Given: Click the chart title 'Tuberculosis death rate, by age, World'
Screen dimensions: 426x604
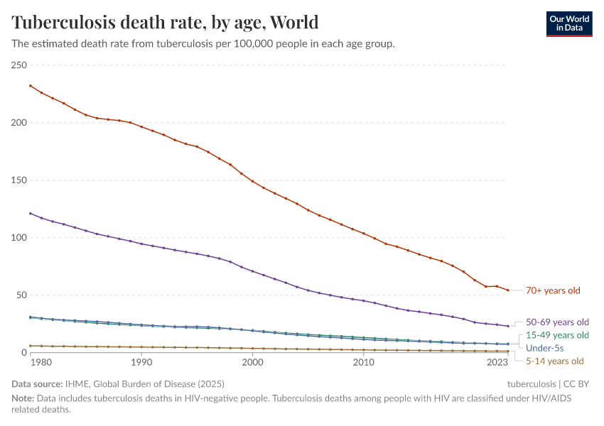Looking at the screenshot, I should pos(165,22).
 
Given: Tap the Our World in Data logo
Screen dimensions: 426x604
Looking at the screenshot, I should pos(568,23).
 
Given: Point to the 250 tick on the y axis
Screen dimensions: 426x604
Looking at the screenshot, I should pos(18,65).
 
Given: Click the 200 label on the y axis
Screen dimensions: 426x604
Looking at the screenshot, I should pos(18,123).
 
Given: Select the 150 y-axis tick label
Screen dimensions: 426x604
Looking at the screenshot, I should pos(18,180).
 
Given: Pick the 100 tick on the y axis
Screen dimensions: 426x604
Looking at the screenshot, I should pos(18,238).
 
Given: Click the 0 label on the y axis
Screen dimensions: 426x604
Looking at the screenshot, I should pos(23,352).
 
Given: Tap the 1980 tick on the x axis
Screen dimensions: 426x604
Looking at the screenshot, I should pos(41,363).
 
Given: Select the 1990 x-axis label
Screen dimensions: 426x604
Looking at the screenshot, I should pos(141,363).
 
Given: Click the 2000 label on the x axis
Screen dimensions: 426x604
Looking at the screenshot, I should pos(252,363).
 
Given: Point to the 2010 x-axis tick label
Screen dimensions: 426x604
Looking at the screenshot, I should pos(364,363).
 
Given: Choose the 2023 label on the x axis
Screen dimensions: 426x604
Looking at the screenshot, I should pos(497,363).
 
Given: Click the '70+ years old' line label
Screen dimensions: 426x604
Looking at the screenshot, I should pos(553,290).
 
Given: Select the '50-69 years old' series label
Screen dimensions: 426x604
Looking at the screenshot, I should pos(557,321).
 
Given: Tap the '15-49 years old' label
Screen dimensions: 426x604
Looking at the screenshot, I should pos(557,335).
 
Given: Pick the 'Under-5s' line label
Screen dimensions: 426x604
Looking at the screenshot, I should pos(544,348).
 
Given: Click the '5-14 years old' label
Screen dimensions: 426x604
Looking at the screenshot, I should pos(554,361).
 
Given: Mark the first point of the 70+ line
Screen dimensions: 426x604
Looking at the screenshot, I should pos(30,86).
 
